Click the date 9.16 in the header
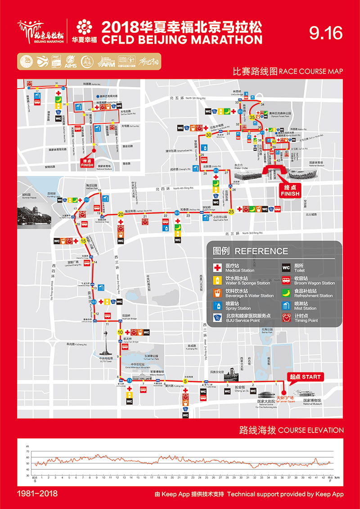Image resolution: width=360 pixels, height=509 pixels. [326, 33]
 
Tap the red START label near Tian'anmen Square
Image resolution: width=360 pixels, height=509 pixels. [306, 377]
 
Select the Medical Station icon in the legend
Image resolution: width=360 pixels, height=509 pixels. [217, 268]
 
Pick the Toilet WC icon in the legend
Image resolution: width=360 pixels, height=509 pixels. [286, 268]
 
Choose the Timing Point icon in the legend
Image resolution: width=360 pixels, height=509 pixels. [286, 318]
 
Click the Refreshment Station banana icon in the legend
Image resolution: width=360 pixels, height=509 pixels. [286, 293]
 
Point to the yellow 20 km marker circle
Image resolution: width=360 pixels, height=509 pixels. [121, 214]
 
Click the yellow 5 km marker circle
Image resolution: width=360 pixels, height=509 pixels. [185, 382]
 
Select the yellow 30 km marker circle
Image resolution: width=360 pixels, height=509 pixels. [208, 135]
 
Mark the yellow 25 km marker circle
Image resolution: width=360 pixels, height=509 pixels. [231, 211]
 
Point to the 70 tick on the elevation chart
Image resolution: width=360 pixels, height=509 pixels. [27, 450]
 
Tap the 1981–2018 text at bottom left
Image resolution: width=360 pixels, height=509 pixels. [37, 494]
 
